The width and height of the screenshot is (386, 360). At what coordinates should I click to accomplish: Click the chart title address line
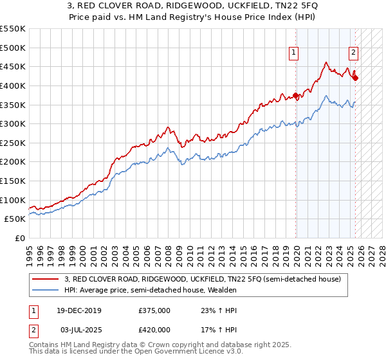coord(193,6)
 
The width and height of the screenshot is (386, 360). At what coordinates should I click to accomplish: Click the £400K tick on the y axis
coord(13,85)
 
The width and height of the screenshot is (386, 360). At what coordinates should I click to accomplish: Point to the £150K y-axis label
coord(13,181)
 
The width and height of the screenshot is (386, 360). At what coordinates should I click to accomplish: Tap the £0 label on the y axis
coord(20,239)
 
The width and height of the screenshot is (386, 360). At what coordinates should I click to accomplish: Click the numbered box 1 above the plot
coord(294,53)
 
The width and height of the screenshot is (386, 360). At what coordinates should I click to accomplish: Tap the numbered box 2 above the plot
coord(354,53)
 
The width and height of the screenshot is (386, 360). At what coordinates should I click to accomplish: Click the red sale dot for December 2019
coord(296,96)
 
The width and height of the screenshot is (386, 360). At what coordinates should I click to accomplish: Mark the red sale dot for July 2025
coord(356,78)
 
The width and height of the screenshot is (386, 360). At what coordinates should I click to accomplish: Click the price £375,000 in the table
coord(154,310)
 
